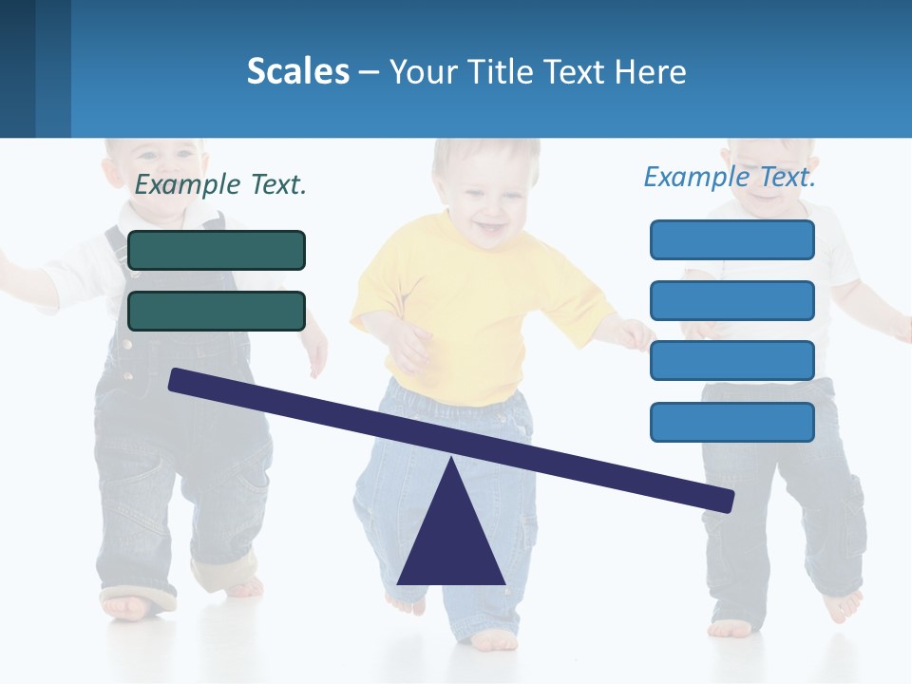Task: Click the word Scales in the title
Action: point(297,71)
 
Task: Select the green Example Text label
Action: point(220,184)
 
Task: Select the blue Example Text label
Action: point(730,177)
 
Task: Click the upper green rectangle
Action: point(217,250)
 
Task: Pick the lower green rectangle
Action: point(217,311)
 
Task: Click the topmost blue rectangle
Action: point(731,239)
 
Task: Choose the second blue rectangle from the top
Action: point(731,300)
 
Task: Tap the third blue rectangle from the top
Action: point(731,361)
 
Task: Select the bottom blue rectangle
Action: point(731,422)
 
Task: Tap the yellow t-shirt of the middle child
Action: point(475,304)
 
